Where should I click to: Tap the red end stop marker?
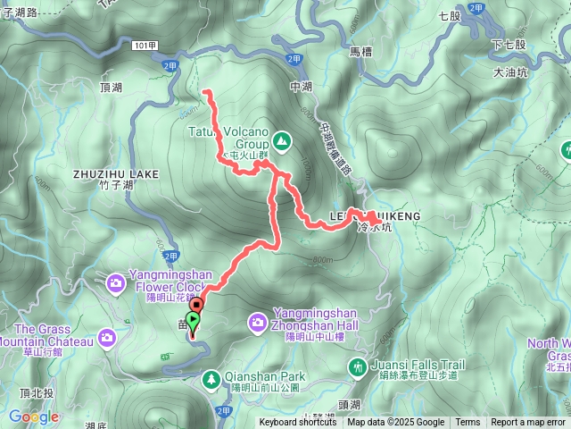(x=195, y=306)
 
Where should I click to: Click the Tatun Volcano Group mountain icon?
(x=282, y=139)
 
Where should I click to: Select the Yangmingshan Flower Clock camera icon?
(x=116, y=283)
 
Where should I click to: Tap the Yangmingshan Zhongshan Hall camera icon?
(x=258, y=320)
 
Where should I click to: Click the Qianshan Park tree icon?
(x=211, y=379)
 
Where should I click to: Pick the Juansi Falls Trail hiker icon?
(x=358, y=366)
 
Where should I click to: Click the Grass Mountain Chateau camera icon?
(x=108, y=337)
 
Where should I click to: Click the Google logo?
(x=34, y=416)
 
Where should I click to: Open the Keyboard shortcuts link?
(x=298, y=423)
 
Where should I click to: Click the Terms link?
(x=468, y=423)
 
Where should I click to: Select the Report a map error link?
(x=528, y=423)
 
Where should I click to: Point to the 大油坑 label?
(x=510, y=73)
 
